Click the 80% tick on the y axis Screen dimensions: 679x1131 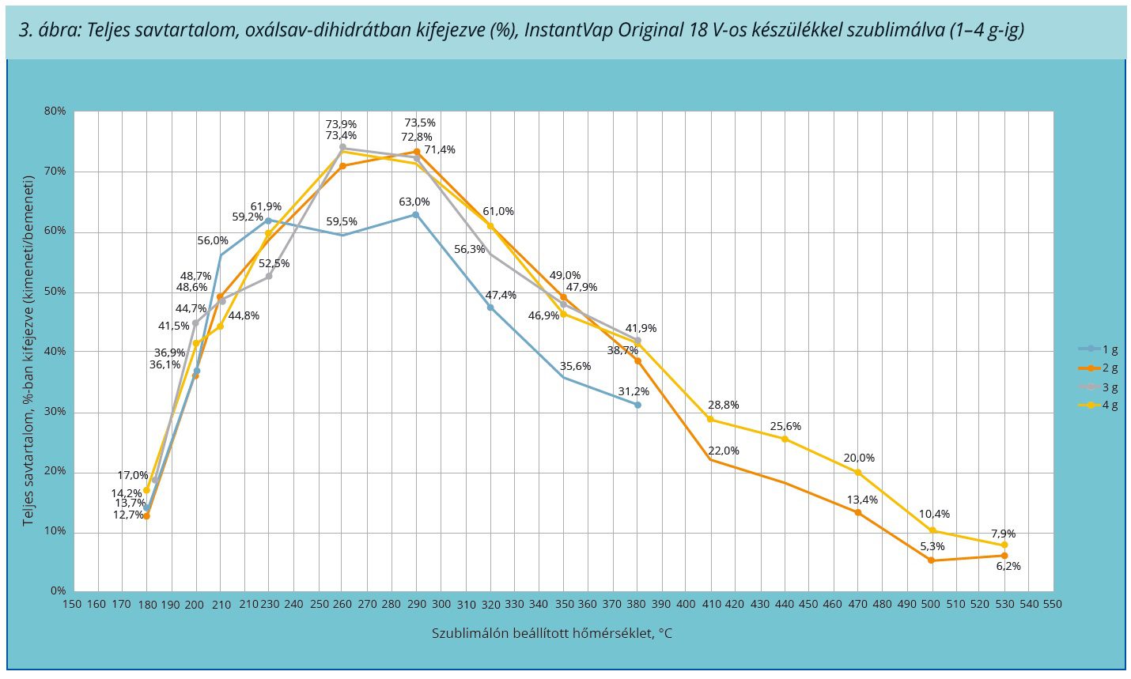(55, 111)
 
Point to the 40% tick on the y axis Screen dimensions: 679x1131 (55, 351)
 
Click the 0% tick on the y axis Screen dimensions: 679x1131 (58, 590)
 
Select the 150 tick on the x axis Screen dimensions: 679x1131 (72, 605)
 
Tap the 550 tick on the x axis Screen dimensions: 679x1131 (1053, 605)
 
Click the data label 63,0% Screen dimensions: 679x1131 (414, 202)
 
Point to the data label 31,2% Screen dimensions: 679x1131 (634, 391)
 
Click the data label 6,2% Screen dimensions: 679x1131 (1008, 566)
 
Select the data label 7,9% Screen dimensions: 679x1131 (1003, 534)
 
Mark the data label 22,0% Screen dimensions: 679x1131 (723, 451)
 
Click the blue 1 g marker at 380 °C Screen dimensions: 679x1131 (637, 405)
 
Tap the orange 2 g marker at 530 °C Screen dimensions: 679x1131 (1004, 556)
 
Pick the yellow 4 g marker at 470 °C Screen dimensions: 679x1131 (857, 472)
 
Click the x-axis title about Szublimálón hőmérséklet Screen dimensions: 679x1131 (551, 633)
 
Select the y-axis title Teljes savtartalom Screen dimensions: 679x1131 (28, 351)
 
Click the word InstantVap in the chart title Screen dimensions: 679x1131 (563, 30)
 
